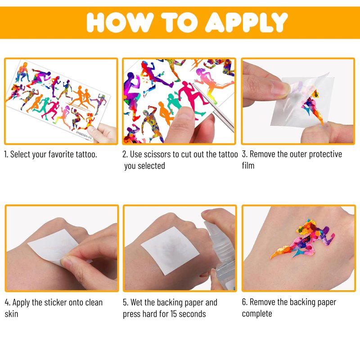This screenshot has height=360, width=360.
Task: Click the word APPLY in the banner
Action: (x=246, y=22)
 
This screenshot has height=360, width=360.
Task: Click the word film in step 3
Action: (x=248, y=165)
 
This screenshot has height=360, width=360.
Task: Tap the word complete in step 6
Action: (x=257, y=314)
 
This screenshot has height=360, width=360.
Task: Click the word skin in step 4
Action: (x=11, y=314)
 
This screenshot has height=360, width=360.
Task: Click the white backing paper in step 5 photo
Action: (x=170, y=251)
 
